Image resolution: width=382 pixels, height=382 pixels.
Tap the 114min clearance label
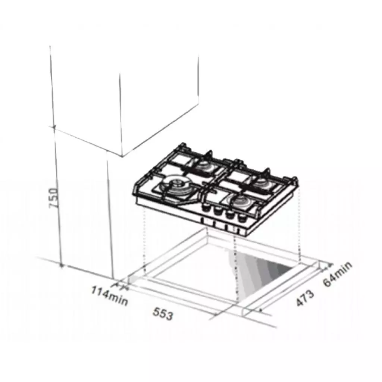[x=110, y=295]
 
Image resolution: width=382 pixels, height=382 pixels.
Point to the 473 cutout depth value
[x=305, y=298]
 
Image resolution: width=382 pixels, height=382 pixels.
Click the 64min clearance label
[x=337, y=274]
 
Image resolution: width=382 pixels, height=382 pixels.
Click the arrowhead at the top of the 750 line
[x=54, y=128]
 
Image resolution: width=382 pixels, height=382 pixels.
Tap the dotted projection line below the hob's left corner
[x=144, y=242]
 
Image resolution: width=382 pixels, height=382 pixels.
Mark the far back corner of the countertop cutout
[x=207, y=229]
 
